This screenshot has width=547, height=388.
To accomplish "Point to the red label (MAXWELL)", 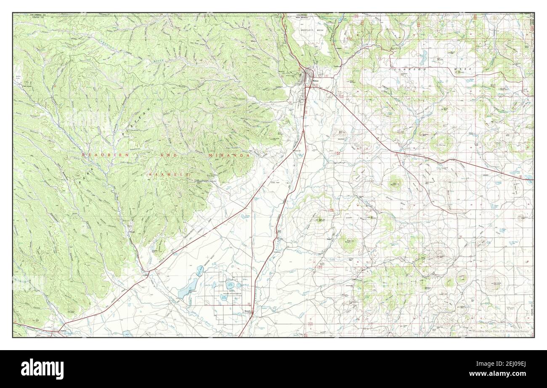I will point(169,174).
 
